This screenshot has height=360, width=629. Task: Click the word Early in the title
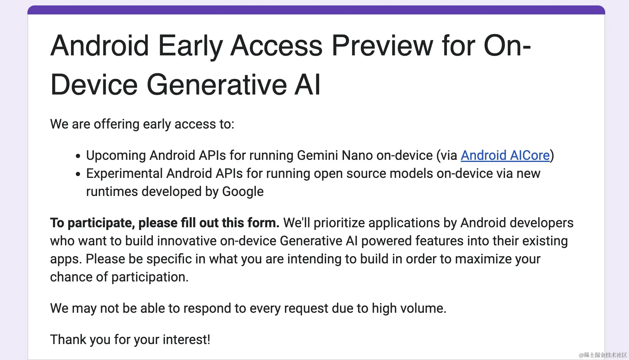coord(190,46)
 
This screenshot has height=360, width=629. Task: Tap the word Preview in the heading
coord(382,46)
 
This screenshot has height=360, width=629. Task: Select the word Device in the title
coord(94,85)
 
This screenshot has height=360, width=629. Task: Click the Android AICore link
coord(505,156)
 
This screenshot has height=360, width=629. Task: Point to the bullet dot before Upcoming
coord(78,156)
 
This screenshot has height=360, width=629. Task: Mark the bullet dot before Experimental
coord(78,174)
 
